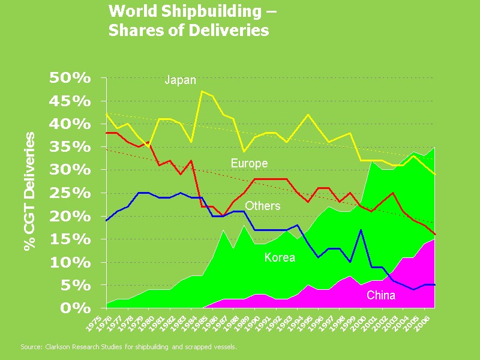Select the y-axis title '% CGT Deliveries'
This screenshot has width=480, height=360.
(x=30, y=192)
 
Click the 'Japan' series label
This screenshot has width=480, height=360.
(x=180, y=80)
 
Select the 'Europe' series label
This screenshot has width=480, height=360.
(x=249, y=163)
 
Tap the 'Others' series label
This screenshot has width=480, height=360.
(x=262, y=206)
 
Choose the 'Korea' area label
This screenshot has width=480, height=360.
(x=280, y=257)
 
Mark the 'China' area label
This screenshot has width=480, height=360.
(x=380, y=295)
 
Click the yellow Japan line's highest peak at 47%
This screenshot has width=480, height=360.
(x=202, y=91)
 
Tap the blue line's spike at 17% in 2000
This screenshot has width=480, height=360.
(x=361, y=230)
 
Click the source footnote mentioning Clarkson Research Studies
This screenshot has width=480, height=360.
(x=128, y=347)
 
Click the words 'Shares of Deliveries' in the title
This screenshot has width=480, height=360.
(x=188, y=30)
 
